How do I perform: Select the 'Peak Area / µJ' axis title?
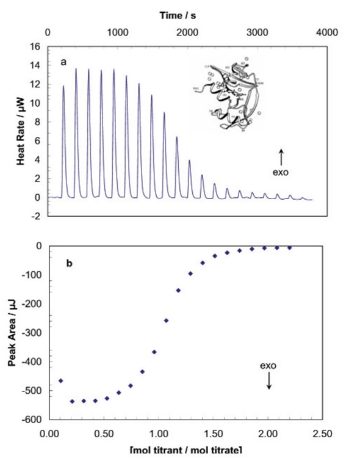pos(12,332)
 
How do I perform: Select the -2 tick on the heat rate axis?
pos(35,216)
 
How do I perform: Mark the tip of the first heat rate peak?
pos(63,86)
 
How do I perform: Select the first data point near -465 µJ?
pos(60,381)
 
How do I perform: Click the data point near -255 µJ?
pos(166,321)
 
